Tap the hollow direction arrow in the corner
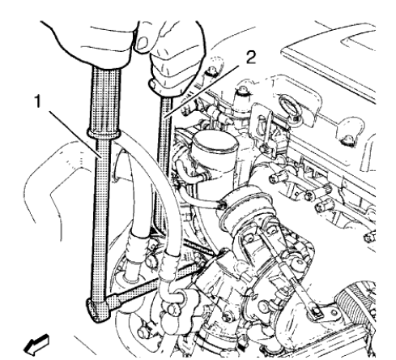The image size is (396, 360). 15,347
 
